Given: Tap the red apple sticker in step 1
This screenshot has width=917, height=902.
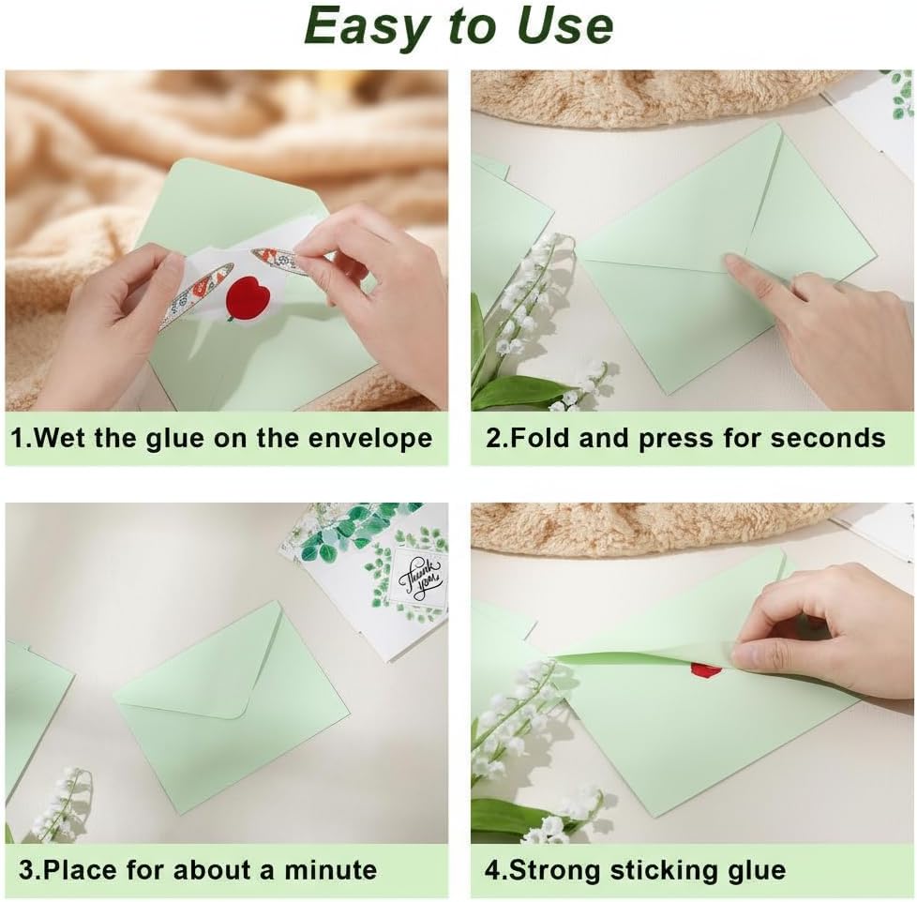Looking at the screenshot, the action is pos(245,298).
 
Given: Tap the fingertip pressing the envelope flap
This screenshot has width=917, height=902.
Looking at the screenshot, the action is pos(731,262).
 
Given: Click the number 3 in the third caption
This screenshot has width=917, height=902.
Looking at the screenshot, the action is pos(25,870).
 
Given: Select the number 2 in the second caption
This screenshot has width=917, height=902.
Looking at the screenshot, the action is pos(492,438).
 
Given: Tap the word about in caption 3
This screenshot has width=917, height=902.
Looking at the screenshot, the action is pos(217,870).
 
